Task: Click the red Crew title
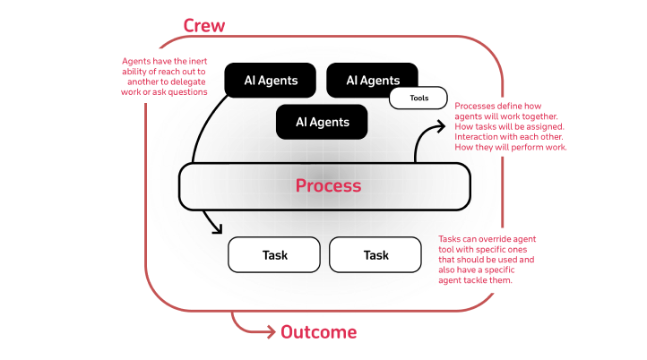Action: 203,25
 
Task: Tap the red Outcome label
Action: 318,333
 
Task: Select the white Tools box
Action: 418,98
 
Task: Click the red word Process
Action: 329,186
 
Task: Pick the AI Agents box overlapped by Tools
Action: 372,81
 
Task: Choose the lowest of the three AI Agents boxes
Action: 322,122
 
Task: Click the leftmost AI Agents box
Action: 271,81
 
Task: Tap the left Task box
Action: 274,255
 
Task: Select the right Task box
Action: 375,255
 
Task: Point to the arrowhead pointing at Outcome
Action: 272,333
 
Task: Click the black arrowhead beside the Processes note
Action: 442,125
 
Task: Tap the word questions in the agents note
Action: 187,91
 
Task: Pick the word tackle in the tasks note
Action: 485,280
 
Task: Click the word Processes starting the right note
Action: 478,107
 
